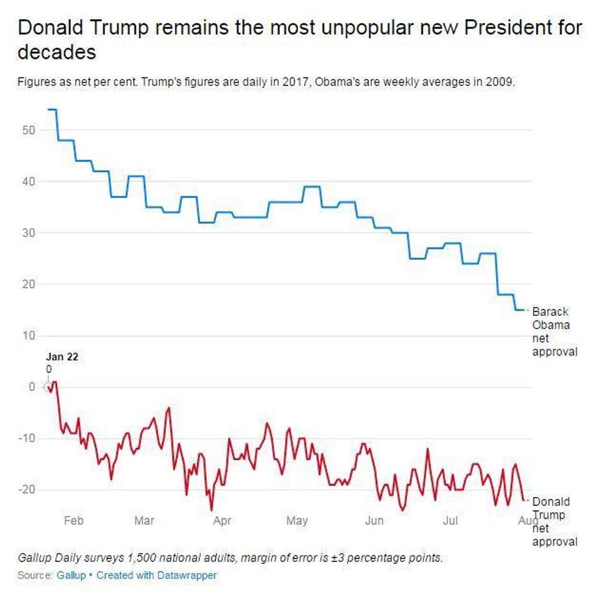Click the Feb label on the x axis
pos(73,521)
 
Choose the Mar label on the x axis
pos(145,521)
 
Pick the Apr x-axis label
pos(222,521)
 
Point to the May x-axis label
pos(297,521)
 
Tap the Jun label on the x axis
pos(374,521)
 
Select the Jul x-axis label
pos(450,521)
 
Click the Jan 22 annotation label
pos(62,357)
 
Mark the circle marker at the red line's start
pos(48,387)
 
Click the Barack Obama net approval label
pos(554,332)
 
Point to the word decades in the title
pos(56,52)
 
